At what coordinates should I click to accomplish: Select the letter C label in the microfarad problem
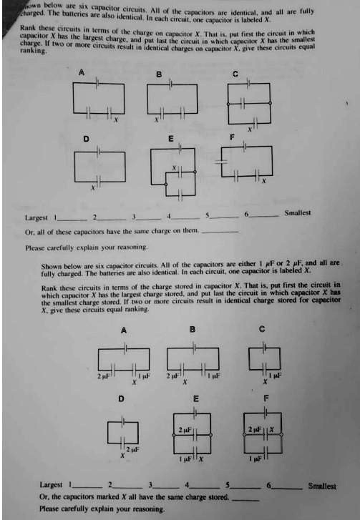coord(263,330)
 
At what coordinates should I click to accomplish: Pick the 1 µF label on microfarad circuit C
coord(276,376)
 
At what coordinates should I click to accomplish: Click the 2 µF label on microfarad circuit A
coord(104,376)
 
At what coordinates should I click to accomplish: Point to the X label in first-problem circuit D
coord(91,188)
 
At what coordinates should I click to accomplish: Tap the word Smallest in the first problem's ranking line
coord(298,212)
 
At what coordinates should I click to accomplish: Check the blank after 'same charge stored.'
coord(245,497)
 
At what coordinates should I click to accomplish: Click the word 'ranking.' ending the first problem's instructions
coord(34,50)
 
